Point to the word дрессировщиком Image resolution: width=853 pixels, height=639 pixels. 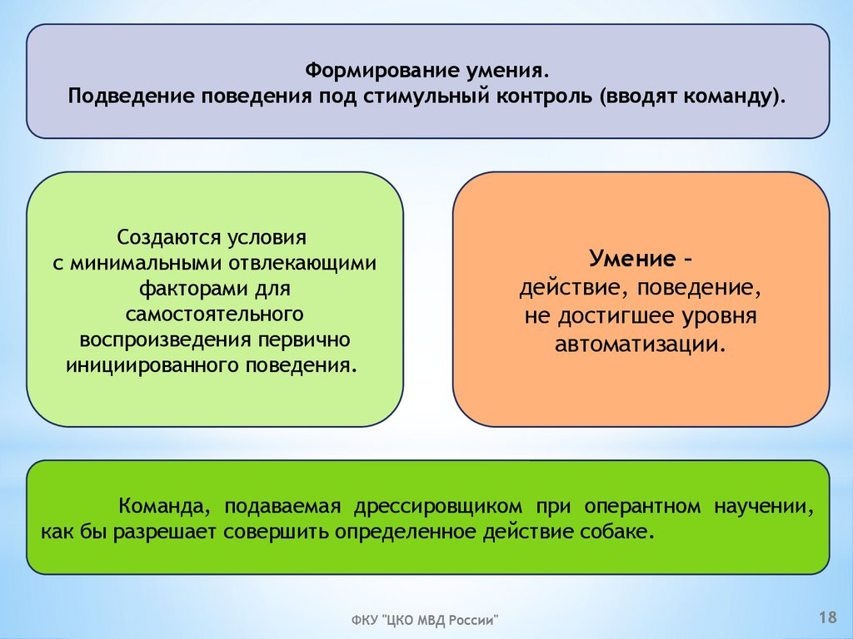click(x=458, y=507)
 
